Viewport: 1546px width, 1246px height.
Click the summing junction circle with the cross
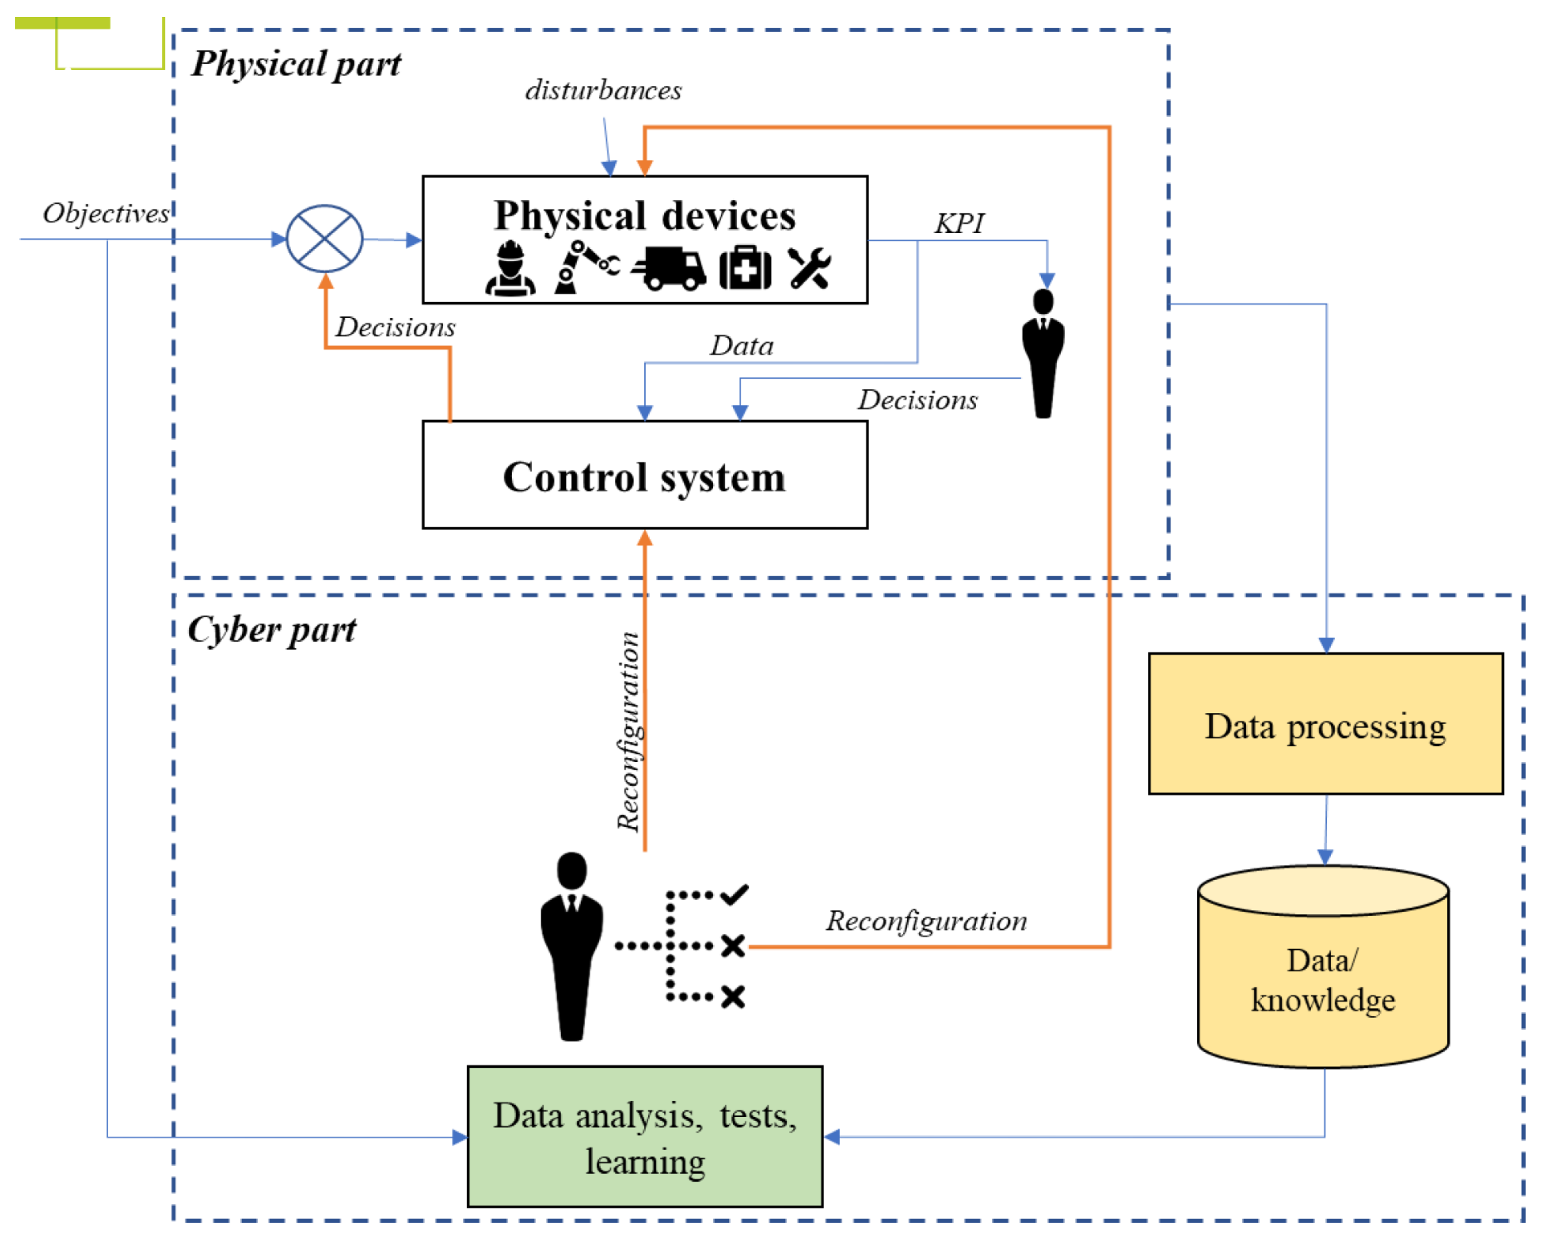coord(324,238)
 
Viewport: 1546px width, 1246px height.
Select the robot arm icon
coord(585,267)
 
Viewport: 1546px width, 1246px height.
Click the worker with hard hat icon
coord(510,268)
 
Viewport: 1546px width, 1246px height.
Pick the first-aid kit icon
coord(745,268)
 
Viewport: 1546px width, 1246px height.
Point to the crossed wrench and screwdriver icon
coord(810,268)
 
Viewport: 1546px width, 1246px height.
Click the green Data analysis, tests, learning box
coord(645,1136)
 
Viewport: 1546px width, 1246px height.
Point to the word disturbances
coord(603,91)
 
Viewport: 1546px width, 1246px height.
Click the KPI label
coord(959,224)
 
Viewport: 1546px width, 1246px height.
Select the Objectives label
coord(106,213)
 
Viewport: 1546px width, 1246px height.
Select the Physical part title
coord(296,64)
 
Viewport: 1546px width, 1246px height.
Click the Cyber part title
coord(271,630)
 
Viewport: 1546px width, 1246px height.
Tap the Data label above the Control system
coord(741,346)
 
